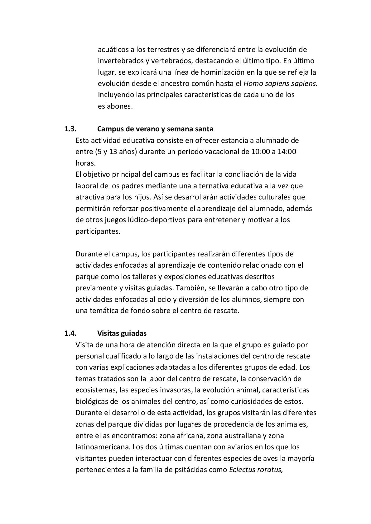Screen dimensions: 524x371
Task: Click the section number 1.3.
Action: click(70, 129)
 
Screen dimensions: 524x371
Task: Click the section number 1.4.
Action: click(70, 333)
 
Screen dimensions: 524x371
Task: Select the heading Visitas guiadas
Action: click(122, 333)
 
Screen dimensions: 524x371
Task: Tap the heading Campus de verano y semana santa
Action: click(155, 129)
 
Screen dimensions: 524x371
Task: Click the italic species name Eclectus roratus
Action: click(256, 470)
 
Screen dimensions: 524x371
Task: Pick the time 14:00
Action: click(286, 152)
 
